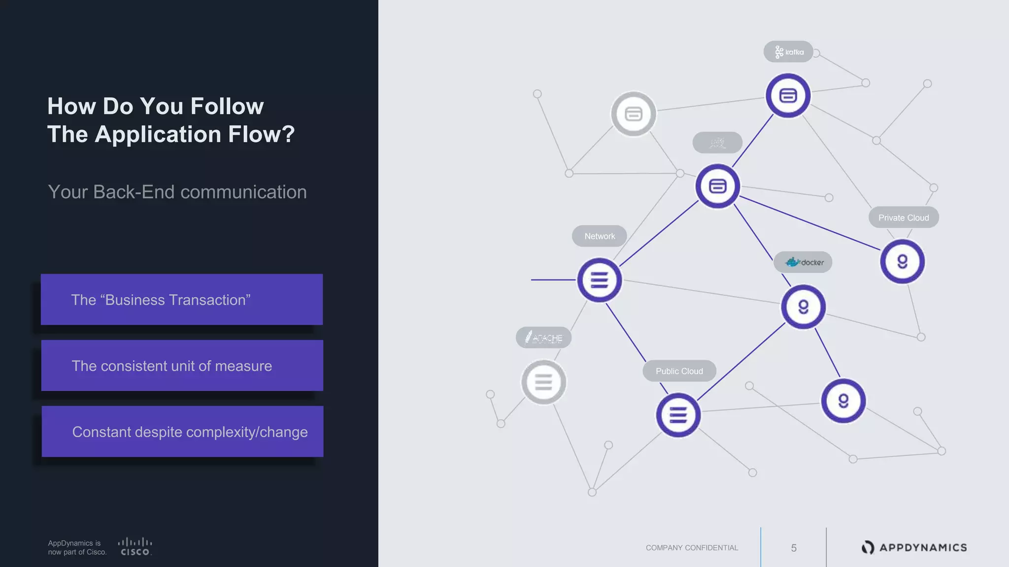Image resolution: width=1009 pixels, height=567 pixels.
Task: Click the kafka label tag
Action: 788,52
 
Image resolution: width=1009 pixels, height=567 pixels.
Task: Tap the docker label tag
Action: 803,262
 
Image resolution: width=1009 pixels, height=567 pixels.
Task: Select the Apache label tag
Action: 543,338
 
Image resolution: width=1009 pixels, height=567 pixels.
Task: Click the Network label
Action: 599,236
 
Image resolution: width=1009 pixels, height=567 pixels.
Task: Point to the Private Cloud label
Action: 904,218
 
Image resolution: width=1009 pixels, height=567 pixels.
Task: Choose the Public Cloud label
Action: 679,371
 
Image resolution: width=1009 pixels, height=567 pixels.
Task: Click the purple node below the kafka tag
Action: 788,95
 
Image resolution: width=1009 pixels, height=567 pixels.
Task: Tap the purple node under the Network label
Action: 599,280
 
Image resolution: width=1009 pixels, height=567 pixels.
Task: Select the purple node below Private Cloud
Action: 902,261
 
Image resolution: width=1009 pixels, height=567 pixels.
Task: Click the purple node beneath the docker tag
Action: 803,307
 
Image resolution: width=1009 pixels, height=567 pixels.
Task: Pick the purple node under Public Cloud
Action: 678,415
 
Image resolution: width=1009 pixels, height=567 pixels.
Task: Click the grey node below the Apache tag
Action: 543,382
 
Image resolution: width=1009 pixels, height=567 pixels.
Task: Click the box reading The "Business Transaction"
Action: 182,299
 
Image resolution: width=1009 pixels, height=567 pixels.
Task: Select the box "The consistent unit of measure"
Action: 182,366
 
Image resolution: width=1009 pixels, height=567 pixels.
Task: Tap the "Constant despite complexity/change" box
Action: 183,432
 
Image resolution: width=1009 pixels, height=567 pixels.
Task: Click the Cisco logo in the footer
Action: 135,547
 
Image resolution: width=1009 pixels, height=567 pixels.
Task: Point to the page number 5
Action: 794,548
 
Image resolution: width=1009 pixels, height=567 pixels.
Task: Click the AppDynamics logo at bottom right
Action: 914,547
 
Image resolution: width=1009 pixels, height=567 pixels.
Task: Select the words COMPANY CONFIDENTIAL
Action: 692,548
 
